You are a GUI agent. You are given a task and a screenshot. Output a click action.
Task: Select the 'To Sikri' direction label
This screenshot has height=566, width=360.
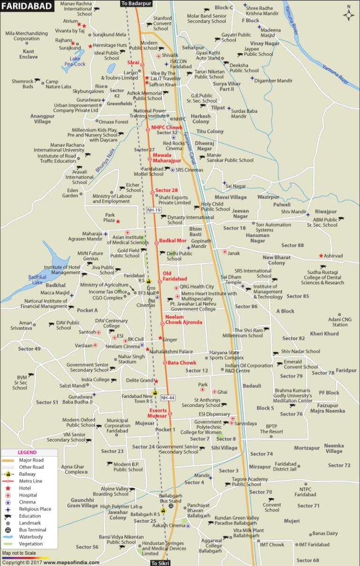point(160,562)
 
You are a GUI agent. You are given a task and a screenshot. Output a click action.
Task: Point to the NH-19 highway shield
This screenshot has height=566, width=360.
point(153,210)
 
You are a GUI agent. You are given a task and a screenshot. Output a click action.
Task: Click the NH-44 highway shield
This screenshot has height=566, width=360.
point(167,398)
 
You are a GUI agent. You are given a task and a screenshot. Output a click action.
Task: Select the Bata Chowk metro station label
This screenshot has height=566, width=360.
point(182,362)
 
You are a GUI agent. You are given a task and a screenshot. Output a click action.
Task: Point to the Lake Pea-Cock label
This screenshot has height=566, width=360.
point(75,61)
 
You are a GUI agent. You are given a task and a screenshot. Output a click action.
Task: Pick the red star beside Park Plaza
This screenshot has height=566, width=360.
point(118,221)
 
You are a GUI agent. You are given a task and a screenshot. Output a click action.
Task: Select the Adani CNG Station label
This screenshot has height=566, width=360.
point(341,322)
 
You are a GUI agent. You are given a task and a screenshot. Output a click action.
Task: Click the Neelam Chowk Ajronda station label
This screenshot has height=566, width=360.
point(183,320)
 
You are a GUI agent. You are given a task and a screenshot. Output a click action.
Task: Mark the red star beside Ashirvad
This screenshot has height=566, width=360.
point(321,256)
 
